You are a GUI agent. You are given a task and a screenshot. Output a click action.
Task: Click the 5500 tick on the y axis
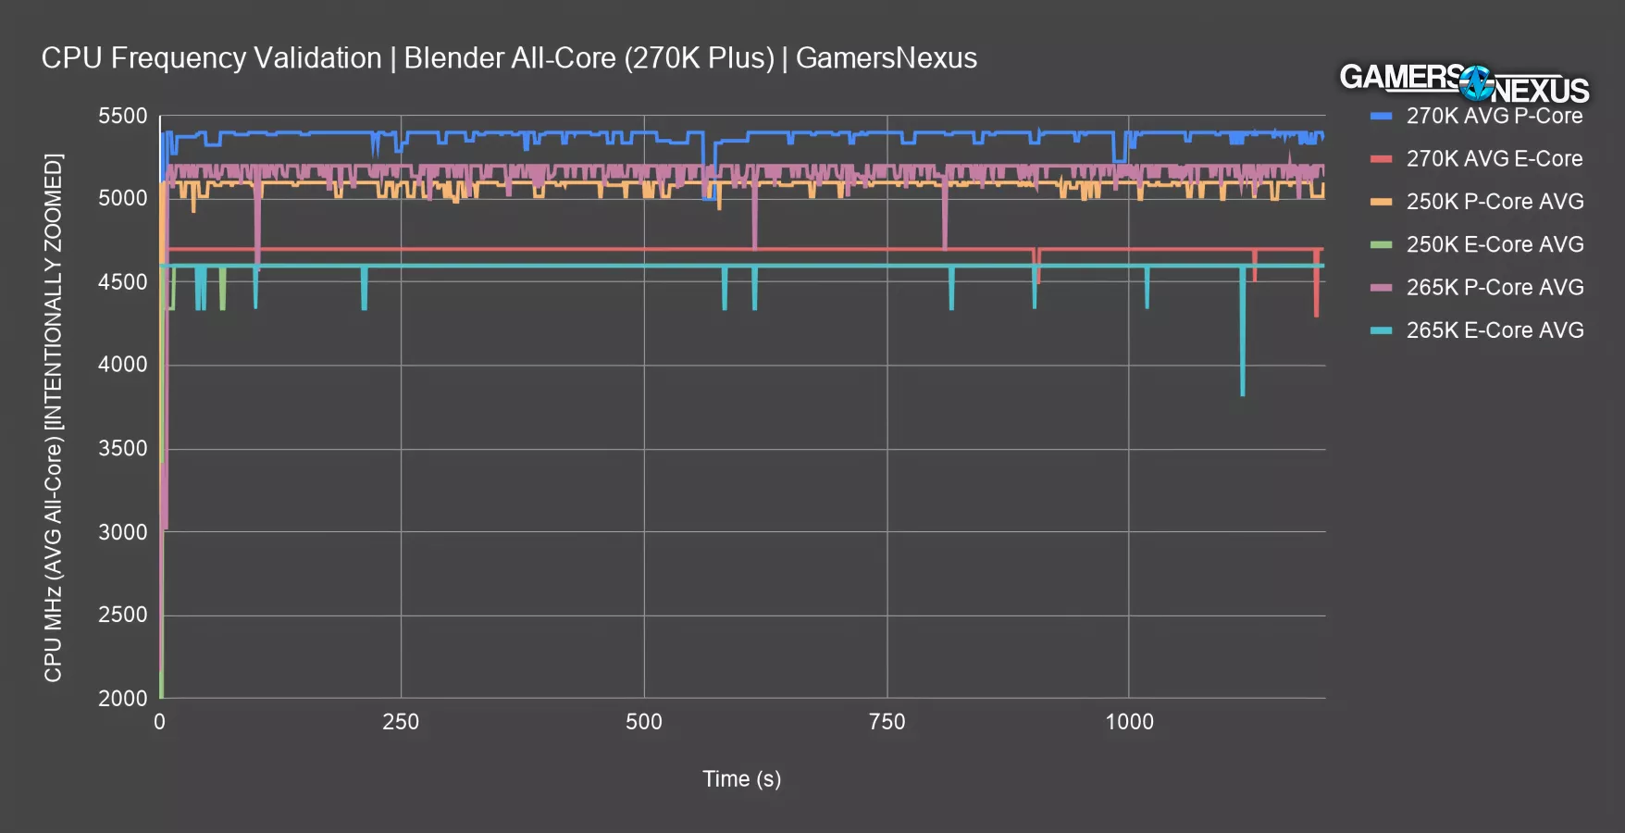pyautogui.click(x=123, y=117)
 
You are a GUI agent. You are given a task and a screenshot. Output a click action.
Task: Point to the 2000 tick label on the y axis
pyautogui.click(x=123, y=698)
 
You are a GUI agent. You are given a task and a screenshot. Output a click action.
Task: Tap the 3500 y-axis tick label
pyautogui.click(x=123, y=448)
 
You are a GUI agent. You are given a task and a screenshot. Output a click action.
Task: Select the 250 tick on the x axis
pyautogui.click(x=401, y=722)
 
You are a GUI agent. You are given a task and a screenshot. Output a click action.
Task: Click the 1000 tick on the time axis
pyautogui.click(x=1129, y=722)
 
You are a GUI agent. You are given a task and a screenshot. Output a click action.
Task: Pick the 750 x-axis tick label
pyautogui.click(x=887, y=722)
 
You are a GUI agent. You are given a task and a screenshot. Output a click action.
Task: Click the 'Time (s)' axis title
pyautogui.click(x=741, y=779)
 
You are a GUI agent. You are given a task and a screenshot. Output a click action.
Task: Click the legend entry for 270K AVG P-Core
pyautogui.click(x=1494, y=116)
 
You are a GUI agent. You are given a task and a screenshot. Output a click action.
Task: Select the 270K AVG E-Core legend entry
pyautogui.click(x=1494, y=158)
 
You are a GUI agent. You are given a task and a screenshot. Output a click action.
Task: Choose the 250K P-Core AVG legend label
pyautogui.click(x=1495, y=202)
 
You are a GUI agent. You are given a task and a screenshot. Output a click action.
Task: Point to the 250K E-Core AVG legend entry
pyautogui.click(x=1495, y=244)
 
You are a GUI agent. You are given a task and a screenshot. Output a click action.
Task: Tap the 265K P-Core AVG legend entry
pyautogui.click(x=1495, y=287)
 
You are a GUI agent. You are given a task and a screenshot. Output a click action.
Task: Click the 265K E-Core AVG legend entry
pyautogui.click(x=1495, y=330)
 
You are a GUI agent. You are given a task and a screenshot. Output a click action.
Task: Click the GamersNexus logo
pyautogui.click(x=1464, y=83)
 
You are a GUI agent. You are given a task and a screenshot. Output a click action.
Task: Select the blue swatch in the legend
pyautogui.click(x=1381, y=116)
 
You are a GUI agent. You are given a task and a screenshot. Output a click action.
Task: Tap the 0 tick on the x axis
pyautogui.click(x=160, y=722)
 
